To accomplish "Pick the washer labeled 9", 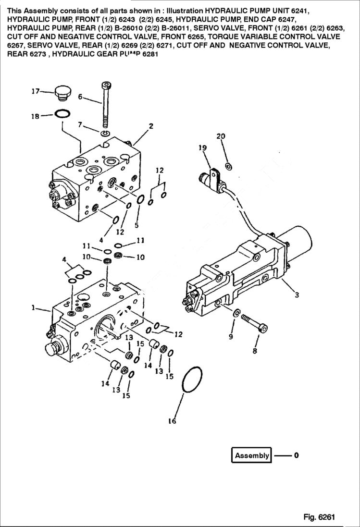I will click(236, 314).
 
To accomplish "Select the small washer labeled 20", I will click(229, 166).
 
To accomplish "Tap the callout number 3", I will click(297, 295).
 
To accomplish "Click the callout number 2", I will click(150, 126).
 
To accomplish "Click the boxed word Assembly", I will click(252, 455).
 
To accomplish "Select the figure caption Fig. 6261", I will click(319, 517).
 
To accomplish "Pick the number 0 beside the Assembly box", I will click(296, 455).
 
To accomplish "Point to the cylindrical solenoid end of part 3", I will click(298, 238).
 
